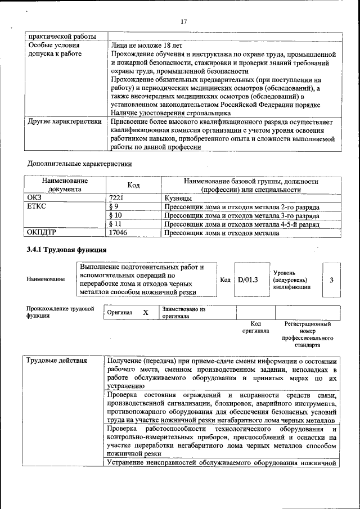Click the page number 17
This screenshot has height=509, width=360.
click(x=183, y=21)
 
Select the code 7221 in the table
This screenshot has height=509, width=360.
click(x=116, y=199)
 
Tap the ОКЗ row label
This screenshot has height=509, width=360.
click(x=35, y=199)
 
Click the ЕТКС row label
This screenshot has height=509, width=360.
click(x=37, y=207)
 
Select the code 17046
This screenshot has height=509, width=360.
click(x=118, y=232)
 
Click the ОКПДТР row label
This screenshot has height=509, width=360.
click(x=43, y=232)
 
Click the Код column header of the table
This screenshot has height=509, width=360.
click(x=133, y=186)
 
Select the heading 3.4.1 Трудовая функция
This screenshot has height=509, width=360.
click(x=66, y=249)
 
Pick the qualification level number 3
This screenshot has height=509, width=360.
click(x=331, y=279)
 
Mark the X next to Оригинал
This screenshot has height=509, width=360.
click(x=145, y=313)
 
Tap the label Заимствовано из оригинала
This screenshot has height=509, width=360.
click(x=183, y=313)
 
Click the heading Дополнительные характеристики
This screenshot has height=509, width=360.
click(x=80, y=164)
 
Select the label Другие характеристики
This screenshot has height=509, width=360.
click(x=65, y=121)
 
